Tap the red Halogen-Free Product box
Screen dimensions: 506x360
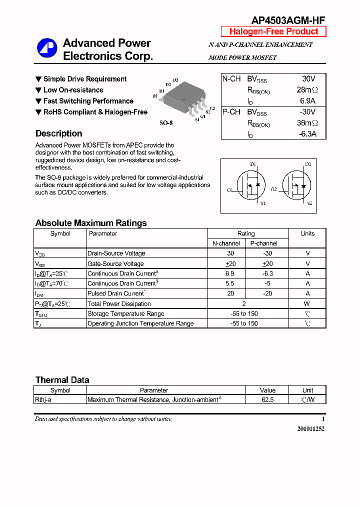[x=273, y=31]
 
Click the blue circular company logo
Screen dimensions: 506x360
[x=47, y=48]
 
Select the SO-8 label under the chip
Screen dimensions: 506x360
[x=166, y=122]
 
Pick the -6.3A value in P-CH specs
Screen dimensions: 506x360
[x=307, y=134]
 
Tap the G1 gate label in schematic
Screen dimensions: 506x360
[x=230, y=190]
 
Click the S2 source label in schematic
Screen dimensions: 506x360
[x=309, y=203]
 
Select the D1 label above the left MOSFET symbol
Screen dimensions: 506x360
[x=253, y=164]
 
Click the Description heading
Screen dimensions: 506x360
[x=58, y=133]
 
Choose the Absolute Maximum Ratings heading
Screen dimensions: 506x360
[x=91, y=223]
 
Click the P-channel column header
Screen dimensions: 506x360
[x=263, y=243]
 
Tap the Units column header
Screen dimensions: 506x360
[x=307, y=233]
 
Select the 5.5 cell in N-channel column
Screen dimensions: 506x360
[x=230, y=283]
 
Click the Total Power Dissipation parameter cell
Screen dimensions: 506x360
[x=119, y=303]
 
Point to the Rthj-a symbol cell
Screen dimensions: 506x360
[x=45, y=399]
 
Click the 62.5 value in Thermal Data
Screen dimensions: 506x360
[x=267, y=399]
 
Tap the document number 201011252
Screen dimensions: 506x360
[x=310, y=428]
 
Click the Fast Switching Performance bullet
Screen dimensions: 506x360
[x=88, y=101]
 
